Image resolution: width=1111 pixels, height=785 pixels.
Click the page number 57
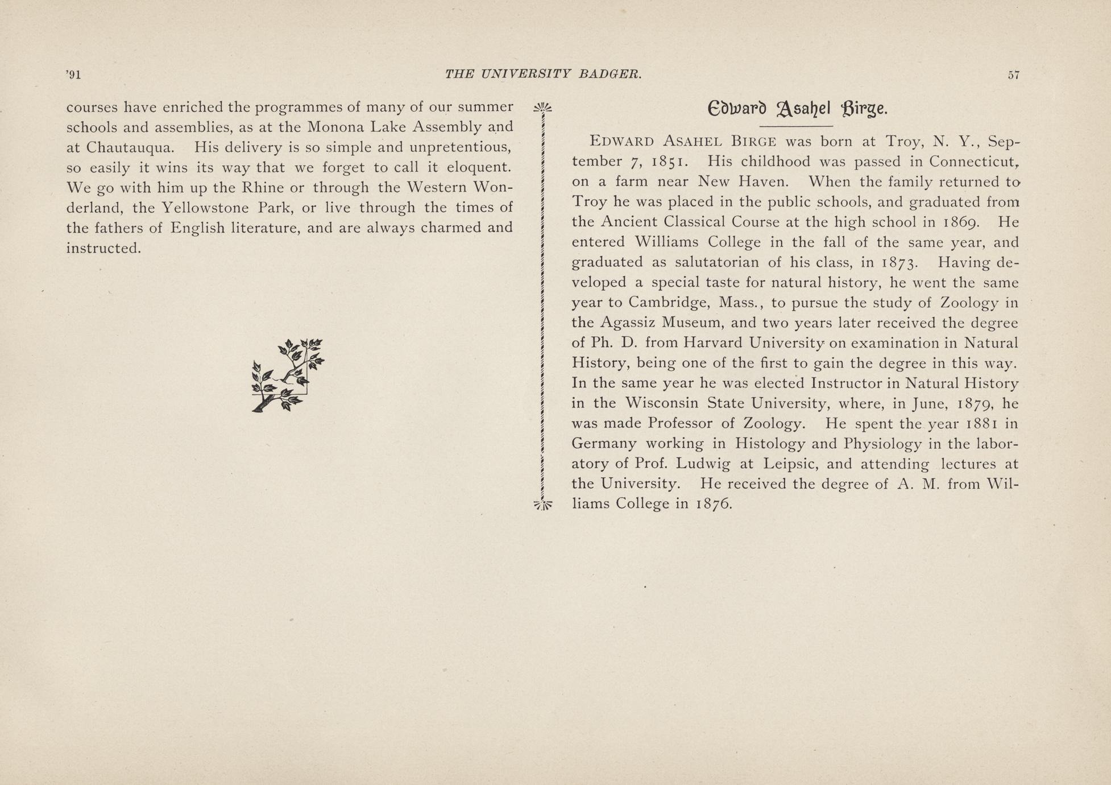1013,75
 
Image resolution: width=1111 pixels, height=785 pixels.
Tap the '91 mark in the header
73,75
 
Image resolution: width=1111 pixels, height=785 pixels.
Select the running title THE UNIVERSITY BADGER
543,74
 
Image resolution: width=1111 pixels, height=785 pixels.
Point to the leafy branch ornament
288,375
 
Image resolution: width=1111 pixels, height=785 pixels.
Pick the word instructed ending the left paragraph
103,249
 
